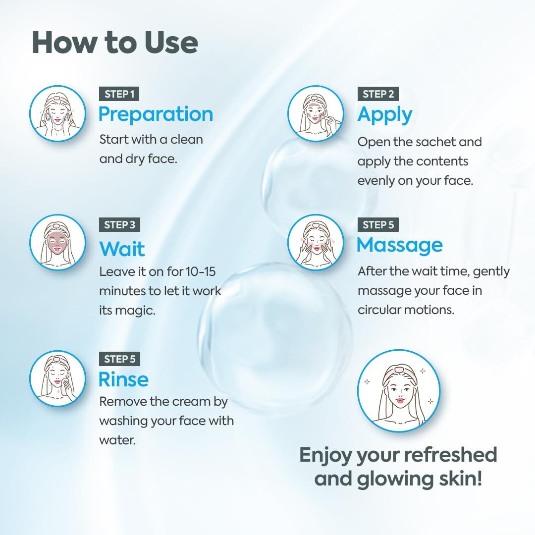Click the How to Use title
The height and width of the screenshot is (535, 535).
(x=114, y=42)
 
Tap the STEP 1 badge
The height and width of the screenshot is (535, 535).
(x=119, y=94)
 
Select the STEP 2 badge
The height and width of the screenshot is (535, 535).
(x=378, y=94)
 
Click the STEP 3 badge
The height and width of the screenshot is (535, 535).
(x=119, y=225)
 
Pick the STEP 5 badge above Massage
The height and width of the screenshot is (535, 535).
(x=378, y=225)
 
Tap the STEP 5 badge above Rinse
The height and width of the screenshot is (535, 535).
(x=119, y=359)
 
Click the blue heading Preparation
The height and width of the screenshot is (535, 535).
(x=156, y=114)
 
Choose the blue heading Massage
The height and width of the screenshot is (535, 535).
(x=400, y=245)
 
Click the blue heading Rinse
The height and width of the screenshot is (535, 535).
(x=123, y=379)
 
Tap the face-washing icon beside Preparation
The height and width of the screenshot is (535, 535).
(x=57, y=113)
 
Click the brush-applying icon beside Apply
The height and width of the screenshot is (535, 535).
(x=316, y=113)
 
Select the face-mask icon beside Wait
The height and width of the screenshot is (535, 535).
(x=57, y=242)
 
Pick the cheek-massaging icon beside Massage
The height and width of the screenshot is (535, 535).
(x=316, y=242)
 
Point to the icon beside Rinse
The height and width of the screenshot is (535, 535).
(x=57, y=378)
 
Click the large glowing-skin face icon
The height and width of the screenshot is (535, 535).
(x=399, y=391)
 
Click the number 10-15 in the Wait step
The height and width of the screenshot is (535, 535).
(x=201, y=271)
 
